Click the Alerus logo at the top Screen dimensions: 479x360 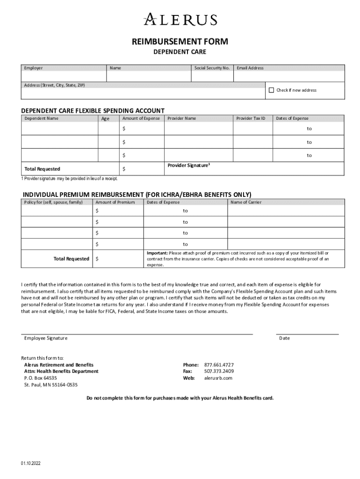(180, 20)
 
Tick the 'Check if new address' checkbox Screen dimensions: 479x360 (271, 90)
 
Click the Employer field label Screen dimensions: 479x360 (33, 68)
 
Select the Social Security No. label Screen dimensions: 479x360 (212, 68)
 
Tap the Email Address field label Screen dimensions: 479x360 (250, 68)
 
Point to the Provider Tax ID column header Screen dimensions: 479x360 (251, 118)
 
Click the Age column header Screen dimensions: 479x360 (105, 119)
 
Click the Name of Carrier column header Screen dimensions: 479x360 (246, 203)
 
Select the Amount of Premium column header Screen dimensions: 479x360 (115, 203)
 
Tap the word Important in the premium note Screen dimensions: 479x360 (158, 253)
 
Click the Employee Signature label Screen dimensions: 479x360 (46, 338)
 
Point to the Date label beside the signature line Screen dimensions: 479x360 (284, 338)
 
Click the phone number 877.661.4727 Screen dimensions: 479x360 (219, 365)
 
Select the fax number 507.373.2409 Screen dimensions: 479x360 (219, 371)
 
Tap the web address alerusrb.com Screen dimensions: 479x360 (218, 378)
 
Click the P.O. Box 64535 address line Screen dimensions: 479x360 (41, 378)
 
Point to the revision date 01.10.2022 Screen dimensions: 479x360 (31, 464)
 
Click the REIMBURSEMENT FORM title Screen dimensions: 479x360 (180, 42)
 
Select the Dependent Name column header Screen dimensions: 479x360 (42, 118)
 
